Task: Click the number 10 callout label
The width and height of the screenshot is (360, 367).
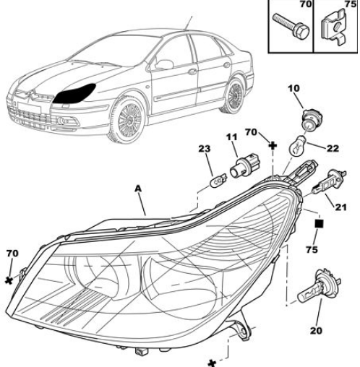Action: tap(293, 89)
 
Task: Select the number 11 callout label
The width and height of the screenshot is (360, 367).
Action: tap(231, 137)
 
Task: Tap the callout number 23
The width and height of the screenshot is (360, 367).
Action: tap(205, 149)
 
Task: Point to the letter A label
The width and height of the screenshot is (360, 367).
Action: tap(138, 189)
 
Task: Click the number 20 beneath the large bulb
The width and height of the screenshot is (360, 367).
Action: tap(316, 331)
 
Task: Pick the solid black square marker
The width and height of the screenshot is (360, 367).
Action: tap(319, 224)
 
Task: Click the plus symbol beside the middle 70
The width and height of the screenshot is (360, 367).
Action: tap(273, 145)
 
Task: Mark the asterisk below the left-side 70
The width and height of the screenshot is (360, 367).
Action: tap(9, 280)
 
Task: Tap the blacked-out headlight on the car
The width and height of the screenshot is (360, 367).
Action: tap(74, 94)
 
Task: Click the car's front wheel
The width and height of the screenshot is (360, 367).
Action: tap(128, 119)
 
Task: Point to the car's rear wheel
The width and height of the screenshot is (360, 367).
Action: tap(233, 95)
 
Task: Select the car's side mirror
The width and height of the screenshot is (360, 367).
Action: tap(164, 64)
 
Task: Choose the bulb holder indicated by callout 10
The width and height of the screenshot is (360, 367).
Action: tap(312, 119)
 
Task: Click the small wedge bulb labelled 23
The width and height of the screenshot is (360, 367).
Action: tap(218, 180)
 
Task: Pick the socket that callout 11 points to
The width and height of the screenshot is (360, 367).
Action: tap(243, 166)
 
